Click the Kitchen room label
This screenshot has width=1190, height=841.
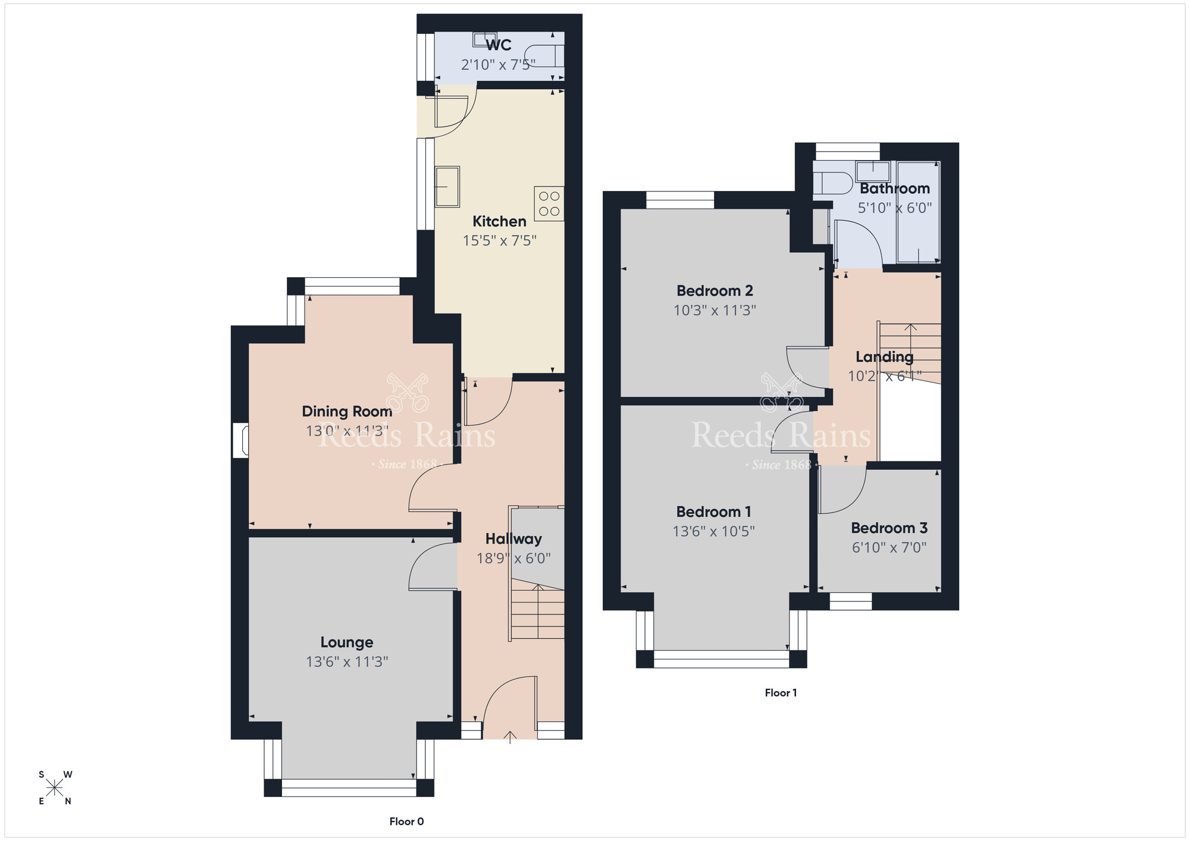coord(499,221)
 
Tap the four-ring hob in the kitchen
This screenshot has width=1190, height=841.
coord(549,203)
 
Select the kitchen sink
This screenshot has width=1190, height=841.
coord(447,187)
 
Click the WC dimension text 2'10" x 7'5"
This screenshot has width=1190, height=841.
coord(499,64)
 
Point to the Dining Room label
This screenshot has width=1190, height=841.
coord(347,411)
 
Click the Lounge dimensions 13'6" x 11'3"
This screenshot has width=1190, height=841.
coord(347,661)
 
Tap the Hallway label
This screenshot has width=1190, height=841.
coord(513,539)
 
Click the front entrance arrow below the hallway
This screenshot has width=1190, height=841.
coord(510,737)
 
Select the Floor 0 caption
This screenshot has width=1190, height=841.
coord(407,821)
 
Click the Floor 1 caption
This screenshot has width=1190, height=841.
coord(781,692)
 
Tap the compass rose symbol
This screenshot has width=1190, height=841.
coord(55,788)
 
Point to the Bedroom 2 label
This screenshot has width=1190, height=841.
coord(715,291)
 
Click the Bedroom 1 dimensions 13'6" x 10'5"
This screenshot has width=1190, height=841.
coord(714,531)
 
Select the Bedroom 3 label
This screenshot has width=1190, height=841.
coord(889,528)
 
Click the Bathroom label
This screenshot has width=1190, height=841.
coord(895,189)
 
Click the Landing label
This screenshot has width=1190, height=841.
coord(885,357)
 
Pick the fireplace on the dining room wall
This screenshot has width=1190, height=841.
coord(240,440)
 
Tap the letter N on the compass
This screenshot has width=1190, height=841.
coord(68,801)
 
